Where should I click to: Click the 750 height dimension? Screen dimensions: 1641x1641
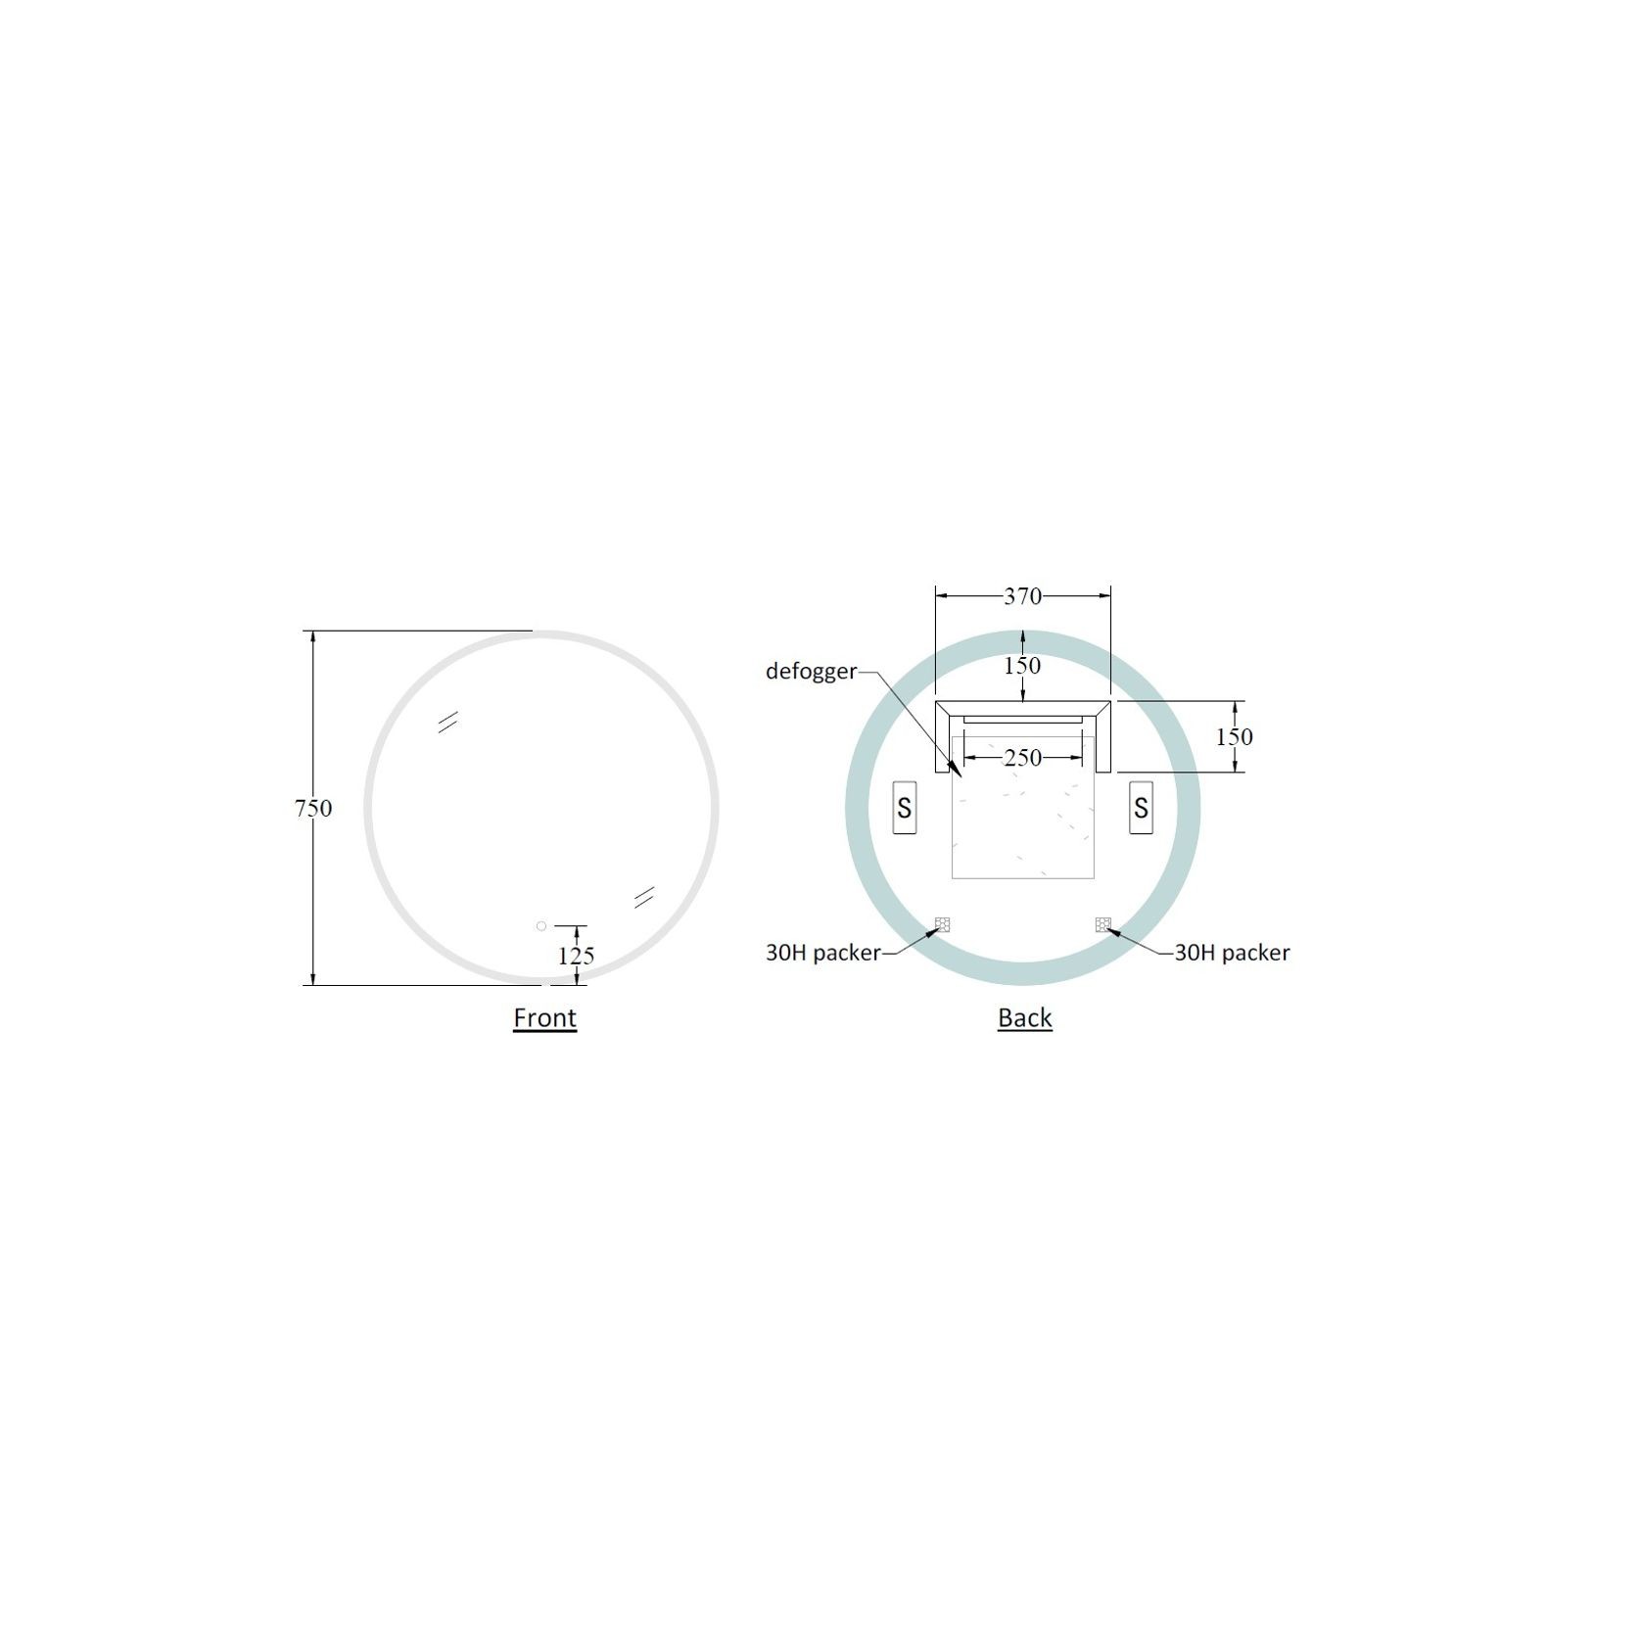coord(313,808)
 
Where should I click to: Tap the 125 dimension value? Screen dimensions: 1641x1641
coord(576,956)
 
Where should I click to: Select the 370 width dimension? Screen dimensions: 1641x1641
coord(1022,596)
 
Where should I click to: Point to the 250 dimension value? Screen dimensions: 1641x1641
coord(1022,758)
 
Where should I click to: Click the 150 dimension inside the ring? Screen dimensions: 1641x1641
coord(1022,666)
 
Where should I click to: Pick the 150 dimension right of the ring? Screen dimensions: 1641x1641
coord(1234,736)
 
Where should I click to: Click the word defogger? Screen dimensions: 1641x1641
coord(811,672)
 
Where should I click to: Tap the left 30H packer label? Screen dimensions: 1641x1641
coord(822,952)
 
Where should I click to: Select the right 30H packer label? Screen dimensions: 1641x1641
coord(1232,952)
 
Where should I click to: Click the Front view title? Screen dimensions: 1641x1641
coord(544,1017)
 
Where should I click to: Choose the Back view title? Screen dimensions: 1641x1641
coord(1024,1017)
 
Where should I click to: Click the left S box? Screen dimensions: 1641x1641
coord(904,808)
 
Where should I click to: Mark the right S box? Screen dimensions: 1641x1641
coord(1141,808)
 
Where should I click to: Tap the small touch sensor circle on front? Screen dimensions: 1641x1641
coord(541,925)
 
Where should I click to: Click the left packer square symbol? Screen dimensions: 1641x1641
coord(942,923)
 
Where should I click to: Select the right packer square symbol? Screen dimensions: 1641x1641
coord(1102,923)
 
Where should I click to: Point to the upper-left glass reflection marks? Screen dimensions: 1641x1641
coord(448,722)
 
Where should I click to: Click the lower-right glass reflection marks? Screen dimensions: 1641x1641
coord(643,897)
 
